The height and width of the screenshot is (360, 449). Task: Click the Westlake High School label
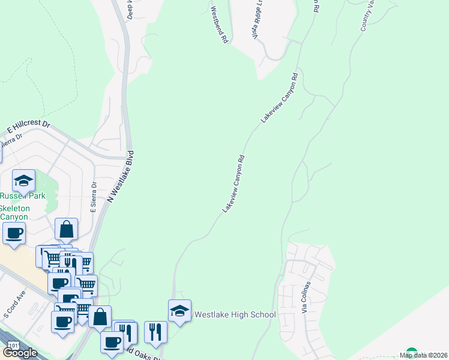point(235,314)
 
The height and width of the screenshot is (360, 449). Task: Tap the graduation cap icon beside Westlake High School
point(179,311)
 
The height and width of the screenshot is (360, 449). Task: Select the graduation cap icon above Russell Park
point(23,181)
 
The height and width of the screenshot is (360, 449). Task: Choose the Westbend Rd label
point(220,24)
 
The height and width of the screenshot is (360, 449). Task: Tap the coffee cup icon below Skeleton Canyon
point(14,233)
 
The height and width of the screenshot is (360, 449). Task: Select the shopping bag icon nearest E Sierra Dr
point(66,229)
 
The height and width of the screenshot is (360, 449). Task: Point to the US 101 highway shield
point(13,347)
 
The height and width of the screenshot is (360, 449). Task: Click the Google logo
point(20,353)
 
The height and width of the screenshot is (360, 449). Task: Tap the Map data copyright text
point(424,355)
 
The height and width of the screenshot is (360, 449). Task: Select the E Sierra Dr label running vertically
point(93,199)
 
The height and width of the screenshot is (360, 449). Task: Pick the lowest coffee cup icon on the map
point(112,343)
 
